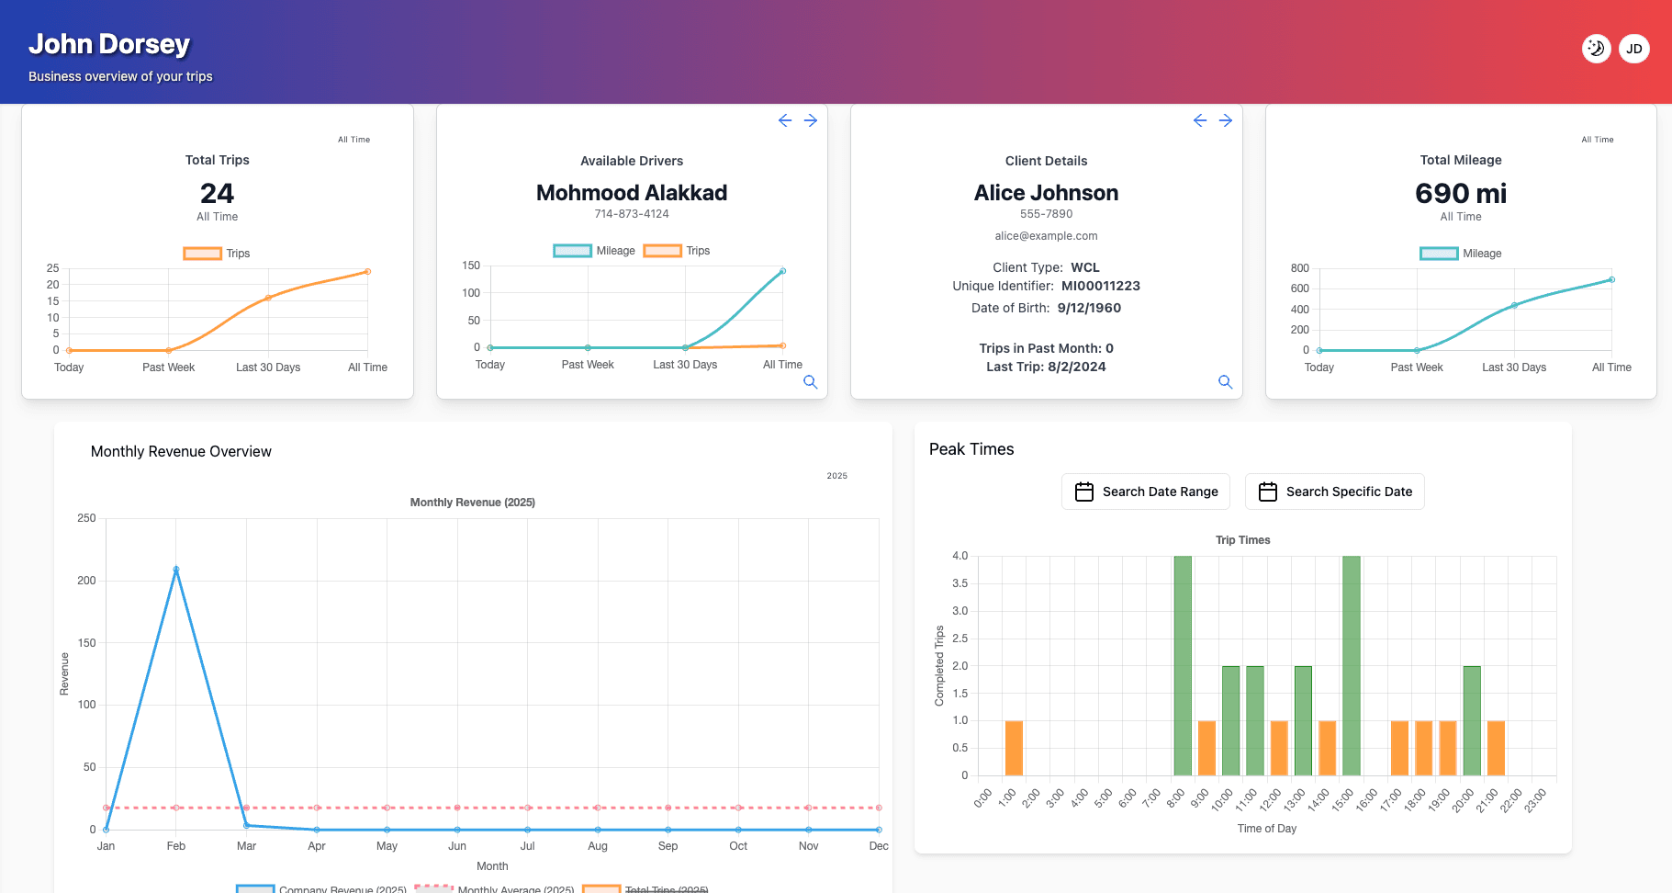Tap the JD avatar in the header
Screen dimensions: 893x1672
(x=1633, y=49)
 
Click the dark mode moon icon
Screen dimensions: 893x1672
(x=1596, y=49)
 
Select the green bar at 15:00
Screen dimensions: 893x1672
(x=1351, y=665)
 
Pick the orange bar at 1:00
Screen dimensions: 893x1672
(x=1014, y=748)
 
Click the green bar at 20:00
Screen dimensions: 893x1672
(x=1471, y=720)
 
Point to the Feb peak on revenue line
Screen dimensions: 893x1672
(x=176, y=570)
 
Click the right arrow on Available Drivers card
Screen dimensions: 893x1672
(x=811, y=120)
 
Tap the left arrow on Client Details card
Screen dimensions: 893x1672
(x=1199, y=120)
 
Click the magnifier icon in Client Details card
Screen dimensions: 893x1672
(x=1225, y=382)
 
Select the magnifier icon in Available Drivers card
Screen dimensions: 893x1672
(x=810, y=382)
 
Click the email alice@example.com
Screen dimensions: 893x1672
(x=1046, y=236)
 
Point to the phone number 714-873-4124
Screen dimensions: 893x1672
(x=632, y=214)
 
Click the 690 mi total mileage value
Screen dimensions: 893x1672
(x=1460, y=194)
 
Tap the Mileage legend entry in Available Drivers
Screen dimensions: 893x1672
(x=594, y=251)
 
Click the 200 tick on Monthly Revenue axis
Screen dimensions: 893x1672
(x=86, y=581)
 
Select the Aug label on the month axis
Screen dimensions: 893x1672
(x=598, y=846)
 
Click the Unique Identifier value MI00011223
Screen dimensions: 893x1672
(x=1100, y=286)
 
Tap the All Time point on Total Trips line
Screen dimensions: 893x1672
(x=367, y=272)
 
